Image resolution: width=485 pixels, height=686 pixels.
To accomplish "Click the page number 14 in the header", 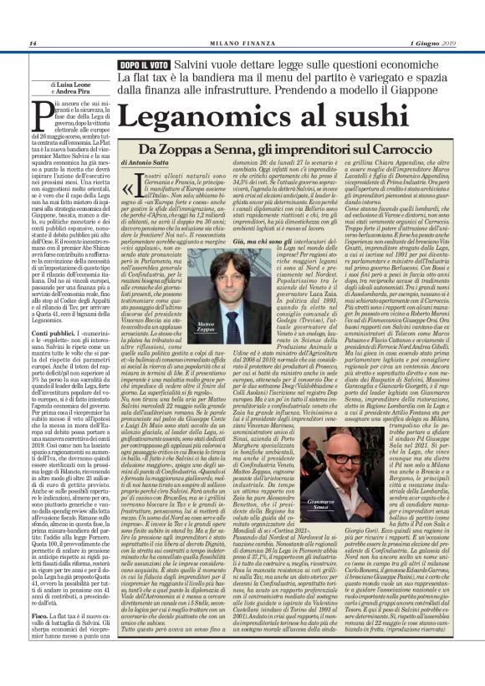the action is pos(32,44).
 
